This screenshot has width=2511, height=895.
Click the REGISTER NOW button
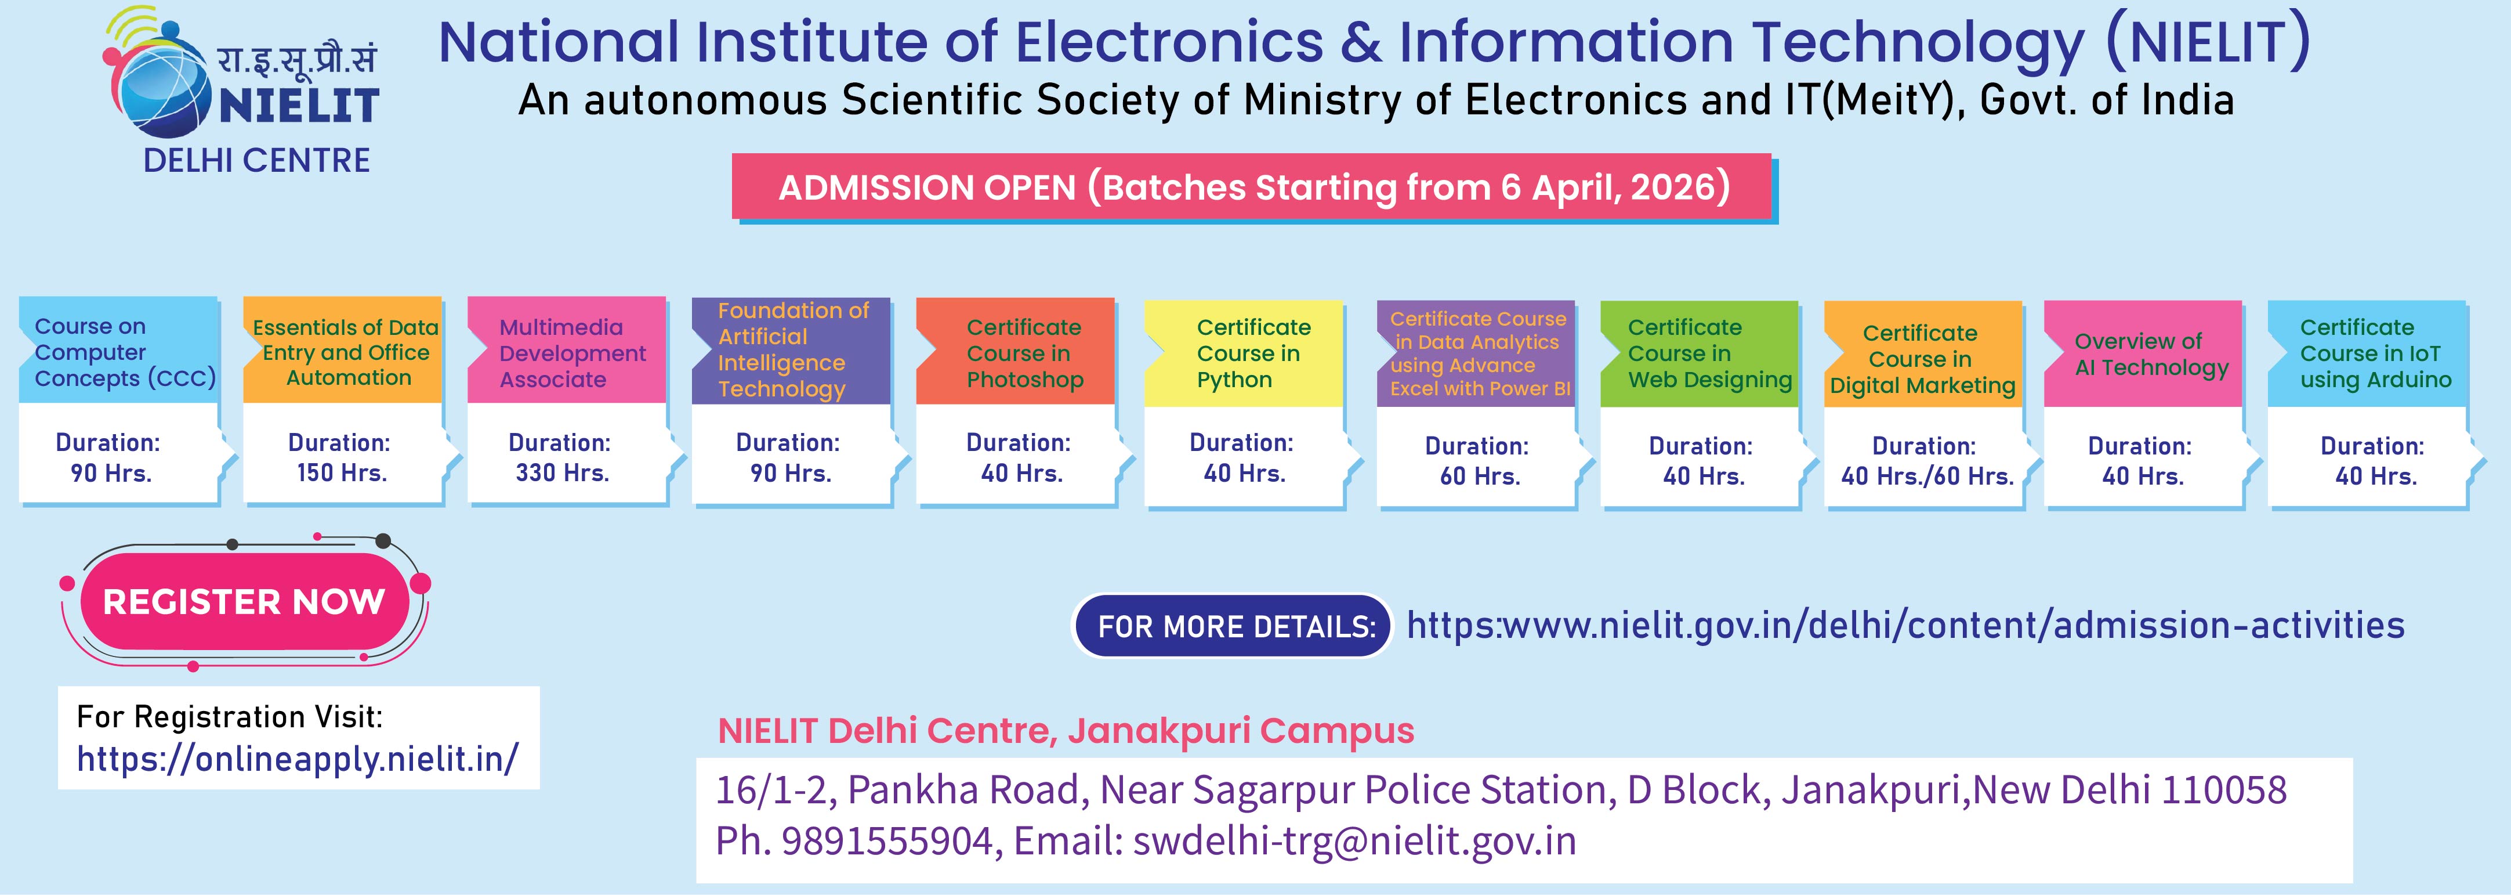[x=244, y=601]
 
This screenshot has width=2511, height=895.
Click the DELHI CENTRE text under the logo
[x=256, y=160]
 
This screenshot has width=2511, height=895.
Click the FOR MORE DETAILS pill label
[x=1236, y=626]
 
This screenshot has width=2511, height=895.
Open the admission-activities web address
[x=1905, y=625]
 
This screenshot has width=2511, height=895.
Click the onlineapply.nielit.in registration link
[x=298, y=759]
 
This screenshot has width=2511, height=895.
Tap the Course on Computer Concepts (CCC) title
[x=125, y=352]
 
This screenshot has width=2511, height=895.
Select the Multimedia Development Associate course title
[x=572, y=353]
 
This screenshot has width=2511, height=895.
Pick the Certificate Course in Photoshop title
[x=1024, y=353]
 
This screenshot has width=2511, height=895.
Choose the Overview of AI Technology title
[x=2151, y=354]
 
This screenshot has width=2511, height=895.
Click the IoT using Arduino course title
[x=2375, y=353]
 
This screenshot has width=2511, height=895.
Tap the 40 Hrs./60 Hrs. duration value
[x=1927, y=477]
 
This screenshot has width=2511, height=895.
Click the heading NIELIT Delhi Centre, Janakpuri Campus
[x=1066, y=730]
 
